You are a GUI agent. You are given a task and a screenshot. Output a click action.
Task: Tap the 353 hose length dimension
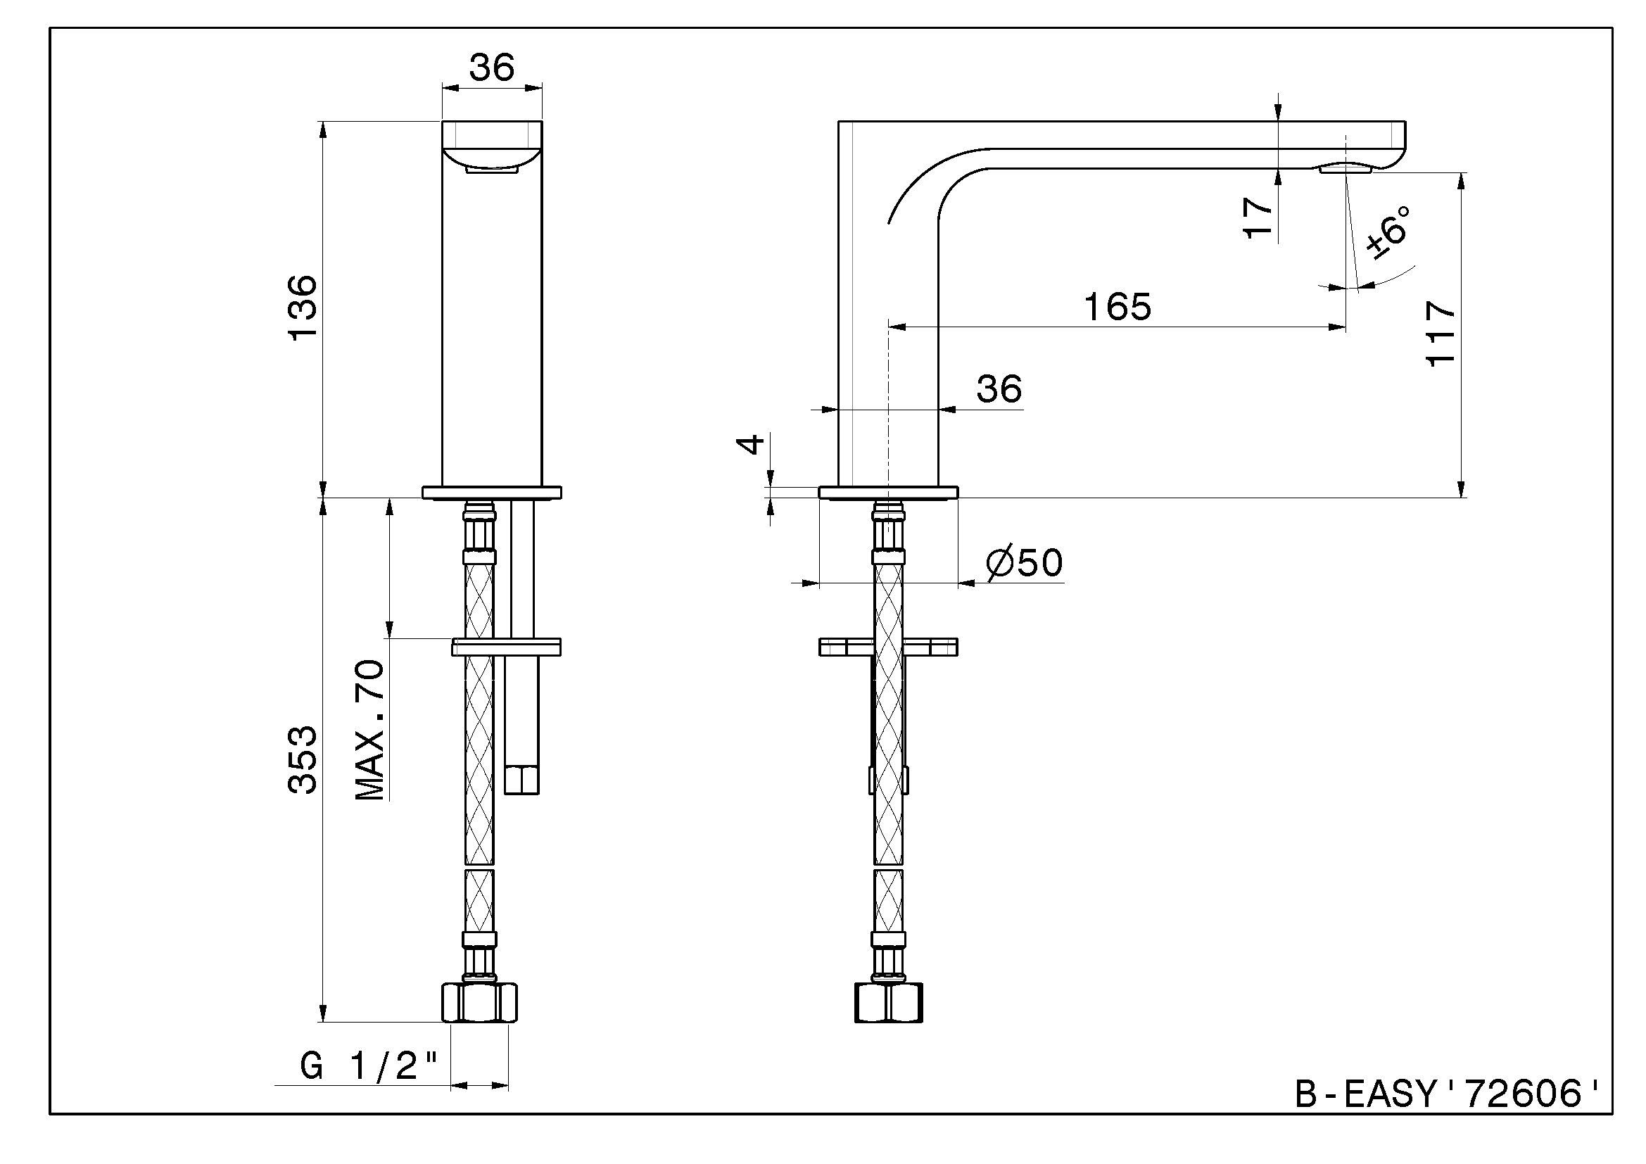302,760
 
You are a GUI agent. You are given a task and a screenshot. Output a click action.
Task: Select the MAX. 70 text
370,730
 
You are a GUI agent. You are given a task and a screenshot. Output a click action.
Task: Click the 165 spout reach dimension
1117,307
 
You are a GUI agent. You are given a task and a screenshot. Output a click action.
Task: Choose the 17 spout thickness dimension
1258,217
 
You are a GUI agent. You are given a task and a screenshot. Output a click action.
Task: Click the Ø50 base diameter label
1024,563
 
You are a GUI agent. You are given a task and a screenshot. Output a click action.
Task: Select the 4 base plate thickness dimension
750,443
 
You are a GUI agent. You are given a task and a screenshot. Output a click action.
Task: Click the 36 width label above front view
492,68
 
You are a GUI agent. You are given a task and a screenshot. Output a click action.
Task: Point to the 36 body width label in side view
999,389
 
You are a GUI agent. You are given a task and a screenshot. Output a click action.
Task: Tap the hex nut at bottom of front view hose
478,1003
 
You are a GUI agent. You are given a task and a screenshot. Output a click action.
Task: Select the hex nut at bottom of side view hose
888,1003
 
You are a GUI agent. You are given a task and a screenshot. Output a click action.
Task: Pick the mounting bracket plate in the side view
887,647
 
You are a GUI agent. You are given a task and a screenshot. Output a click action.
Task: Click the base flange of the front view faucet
492,493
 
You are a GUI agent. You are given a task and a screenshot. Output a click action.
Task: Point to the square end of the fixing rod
521,780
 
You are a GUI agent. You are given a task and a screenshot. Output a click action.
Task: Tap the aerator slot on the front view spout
491,170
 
